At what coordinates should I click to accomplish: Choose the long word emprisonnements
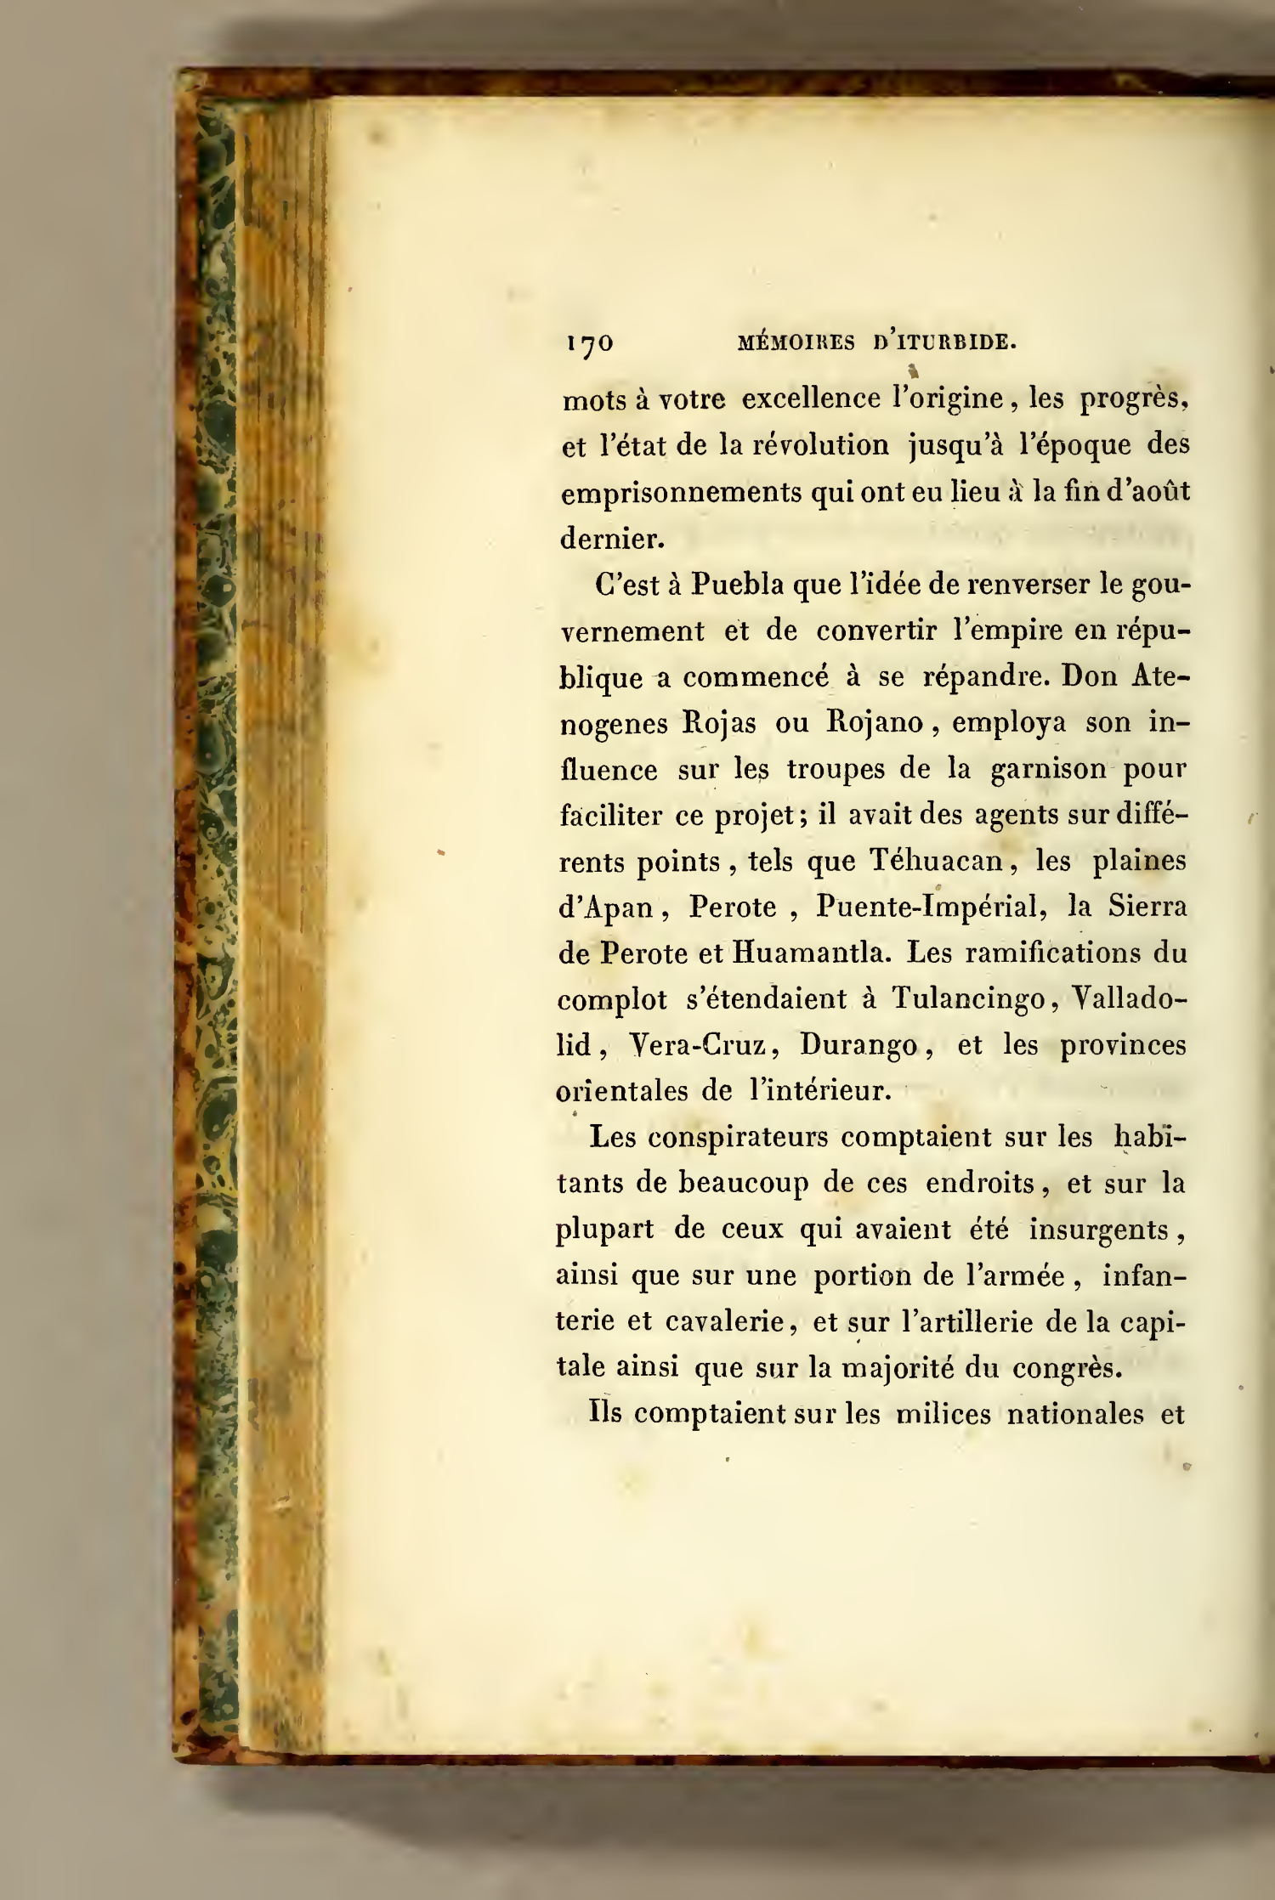[x=681, y=494]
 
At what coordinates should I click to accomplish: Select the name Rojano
[x=875, y=723]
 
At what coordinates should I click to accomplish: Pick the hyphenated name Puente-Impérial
[x=930, y=908]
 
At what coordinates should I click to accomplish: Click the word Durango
[x=861, y=1045]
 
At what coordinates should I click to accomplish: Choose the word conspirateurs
[x=739, y=1137]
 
